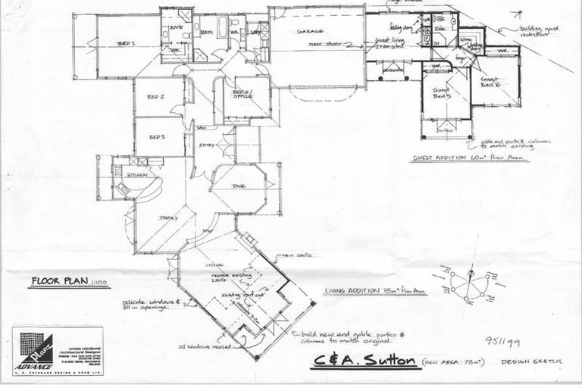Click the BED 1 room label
127,44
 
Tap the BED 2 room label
157,97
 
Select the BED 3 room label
157,137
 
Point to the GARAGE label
311,32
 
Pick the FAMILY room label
167,218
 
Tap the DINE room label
238,186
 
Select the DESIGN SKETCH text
531,363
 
